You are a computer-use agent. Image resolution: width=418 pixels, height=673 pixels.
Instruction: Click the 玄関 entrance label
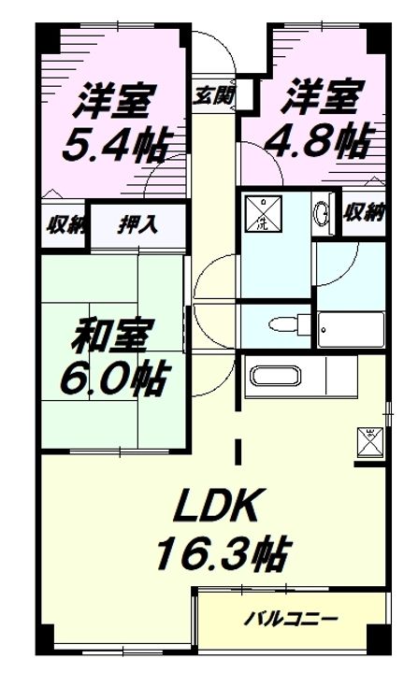tap(214, 94)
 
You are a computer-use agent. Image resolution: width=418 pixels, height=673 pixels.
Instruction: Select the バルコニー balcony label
tap(291, 619)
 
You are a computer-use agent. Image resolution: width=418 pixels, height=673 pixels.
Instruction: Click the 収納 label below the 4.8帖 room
tap(364, 211)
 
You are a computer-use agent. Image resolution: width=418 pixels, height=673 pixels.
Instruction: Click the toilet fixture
tap(281, 325)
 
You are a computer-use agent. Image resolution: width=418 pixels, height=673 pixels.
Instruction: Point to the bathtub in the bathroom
tap(351, 328)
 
